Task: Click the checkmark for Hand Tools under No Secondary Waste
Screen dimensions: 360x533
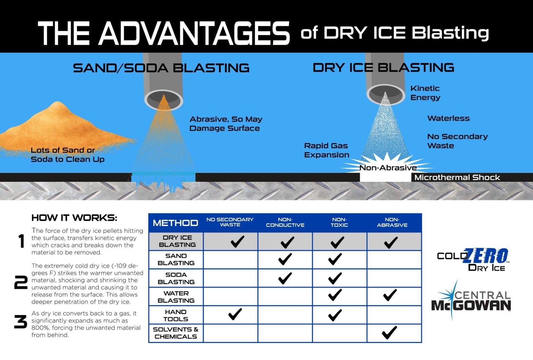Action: coord(235,314)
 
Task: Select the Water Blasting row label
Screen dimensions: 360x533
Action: coord(176,297)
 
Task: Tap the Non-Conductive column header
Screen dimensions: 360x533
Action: coord(285,222)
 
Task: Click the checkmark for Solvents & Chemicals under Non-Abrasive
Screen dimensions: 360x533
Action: coord(389,332)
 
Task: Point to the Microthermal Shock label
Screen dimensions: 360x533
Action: coord(457,178)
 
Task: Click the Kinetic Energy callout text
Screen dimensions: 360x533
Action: coord(425,93)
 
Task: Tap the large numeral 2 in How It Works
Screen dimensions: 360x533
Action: coord(20,283)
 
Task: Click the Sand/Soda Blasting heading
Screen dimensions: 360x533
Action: coord(161,68)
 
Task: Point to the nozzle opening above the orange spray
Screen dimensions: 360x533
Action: coord(163,99)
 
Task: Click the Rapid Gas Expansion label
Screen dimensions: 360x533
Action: coord(326,150)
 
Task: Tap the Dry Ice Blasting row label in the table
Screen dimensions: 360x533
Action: coord(177,241)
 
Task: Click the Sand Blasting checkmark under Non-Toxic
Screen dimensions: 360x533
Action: coord(335,259)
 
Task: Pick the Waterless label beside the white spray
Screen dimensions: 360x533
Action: coord(448,118)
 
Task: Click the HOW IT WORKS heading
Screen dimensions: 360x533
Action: coord(74,218)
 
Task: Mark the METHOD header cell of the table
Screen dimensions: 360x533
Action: coord(175,223)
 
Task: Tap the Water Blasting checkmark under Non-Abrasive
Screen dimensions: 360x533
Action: coord(390,295)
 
